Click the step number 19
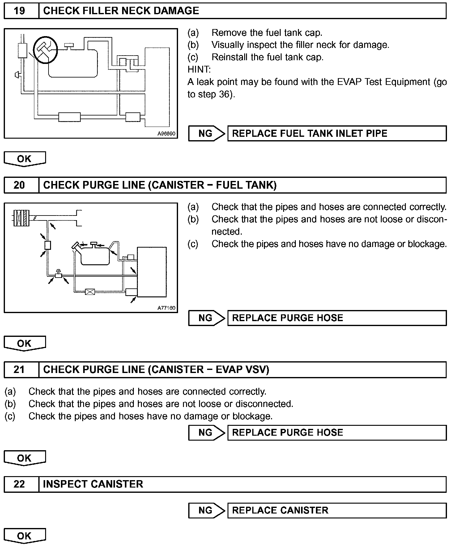coord(19,11)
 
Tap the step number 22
coord(19,484)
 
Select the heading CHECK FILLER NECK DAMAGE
coord(121,11)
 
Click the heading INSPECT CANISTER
coord(93,484)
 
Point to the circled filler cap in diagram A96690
coord(45,49)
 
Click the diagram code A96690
coord(166,134)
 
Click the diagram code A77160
coord(166,308)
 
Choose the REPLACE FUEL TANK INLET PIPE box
coord(337,133)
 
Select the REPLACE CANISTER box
coord(337,510)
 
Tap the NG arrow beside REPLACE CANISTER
coord(206,510)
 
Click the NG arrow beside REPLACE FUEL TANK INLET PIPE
coord(206,133)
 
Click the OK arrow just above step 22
coord(24,458)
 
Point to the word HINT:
coord(199,69)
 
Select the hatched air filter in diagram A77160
coord(21,217)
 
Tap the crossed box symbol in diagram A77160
coord(90,291)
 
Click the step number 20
coord(19,185)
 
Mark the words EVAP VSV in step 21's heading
coord(242,370)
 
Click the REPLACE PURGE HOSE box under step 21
coord(337,432)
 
